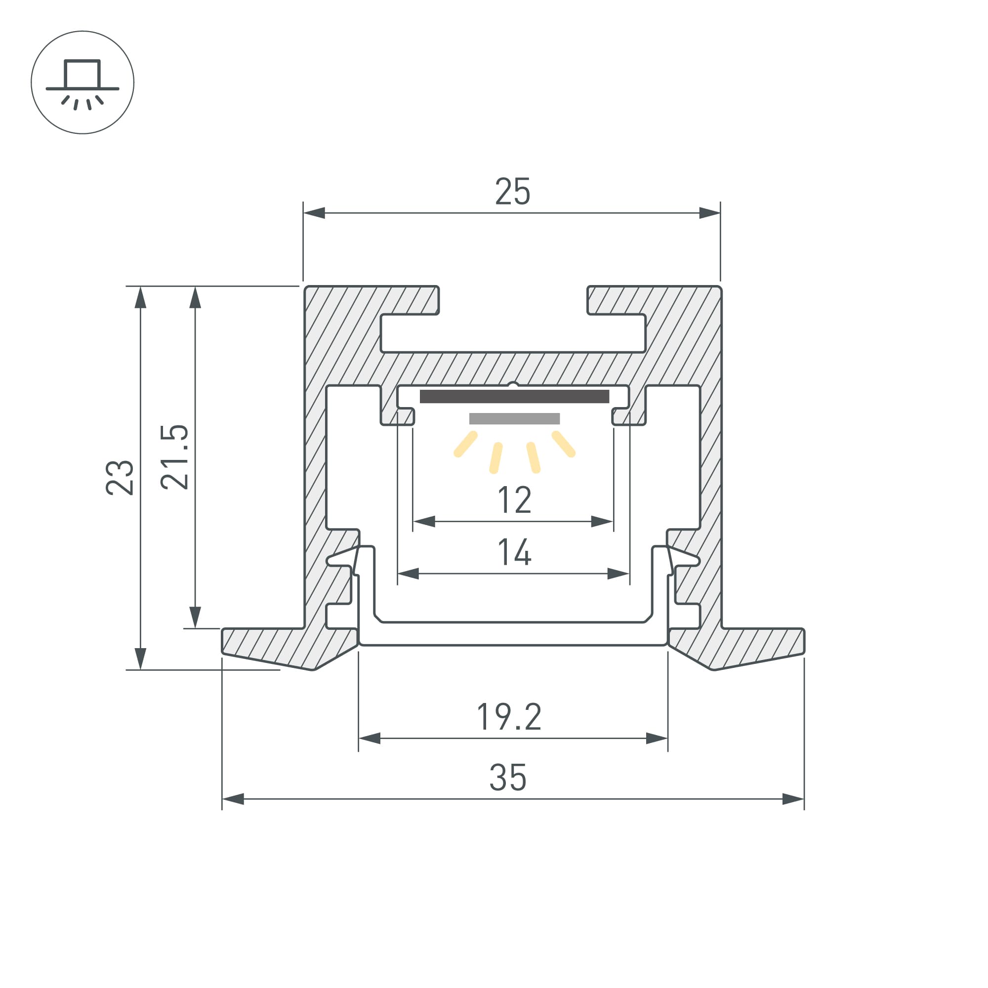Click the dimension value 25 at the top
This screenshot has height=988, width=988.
[x=512, y=192]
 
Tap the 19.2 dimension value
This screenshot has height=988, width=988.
[x=509, y=717]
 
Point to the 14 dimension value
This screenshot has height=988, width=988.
[x=514, y=552]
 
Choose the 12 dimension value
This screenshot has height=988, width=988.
[x=514, y=500]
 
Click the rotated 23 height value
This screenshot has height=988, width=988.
[x=120, y=478]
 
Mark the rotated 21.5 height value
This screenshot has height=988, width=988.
[x=174, y=457]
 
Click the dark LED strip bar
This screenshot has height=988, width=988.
[x=514, y=396]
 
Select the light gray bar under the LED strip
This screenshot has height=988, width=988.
[x=514, y=419]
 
